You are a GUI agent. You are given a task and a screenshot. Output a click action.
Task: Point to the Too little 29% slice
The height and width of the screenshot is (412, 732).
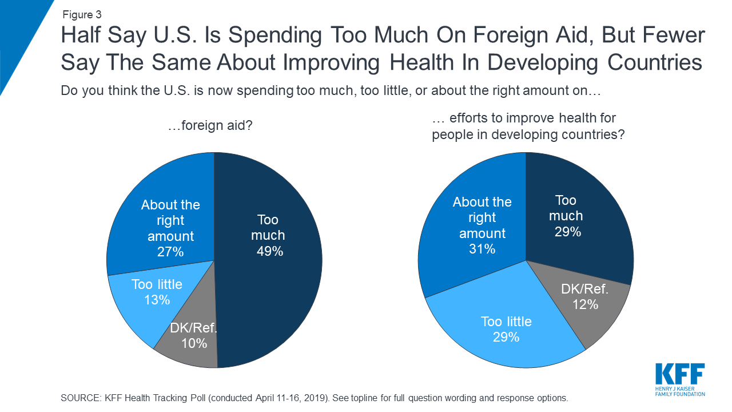506,329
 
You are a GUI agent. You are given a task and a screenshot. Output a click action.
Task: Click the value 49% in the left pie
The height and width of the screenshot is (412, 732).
269,251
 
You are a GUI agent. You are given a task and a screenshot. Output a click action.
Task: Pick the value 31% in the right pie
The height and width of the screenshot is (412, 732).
482,249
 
